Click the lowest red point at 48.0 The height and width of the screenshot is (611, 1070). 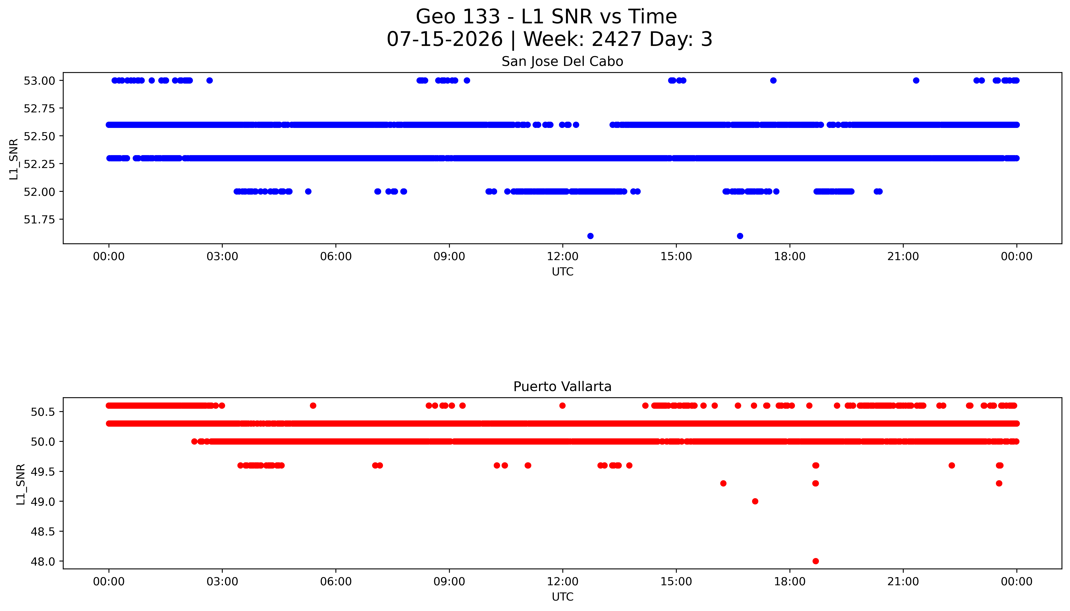(x=815, y=561)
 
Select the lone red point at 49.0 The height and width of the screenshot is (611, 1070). (x=755, y=501)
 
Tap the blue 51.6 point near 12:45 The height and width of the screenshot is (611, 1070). (x=590, y=236)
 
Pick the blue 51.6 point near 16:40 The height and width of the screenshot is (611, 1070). (x=740, y=236)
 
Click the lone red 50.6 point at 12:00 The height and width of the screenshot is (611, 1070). (x=562, y=405)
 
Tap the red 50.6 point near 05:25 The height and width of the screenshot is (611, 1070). (x=313, y=405)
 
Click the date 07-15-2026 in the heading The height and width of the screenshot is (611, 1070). (x=445, y=39)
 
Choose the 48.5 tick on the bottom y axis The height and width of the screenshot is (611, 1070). (x=43, y=531)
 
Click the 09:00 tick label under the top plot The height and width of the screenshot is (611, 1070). (x=449, y=256)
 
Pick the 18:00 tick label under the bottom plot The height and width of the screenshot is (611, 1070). (x=790, y=582)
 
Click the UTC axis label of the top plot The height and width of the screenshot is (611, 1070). (x=562, y=272)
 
